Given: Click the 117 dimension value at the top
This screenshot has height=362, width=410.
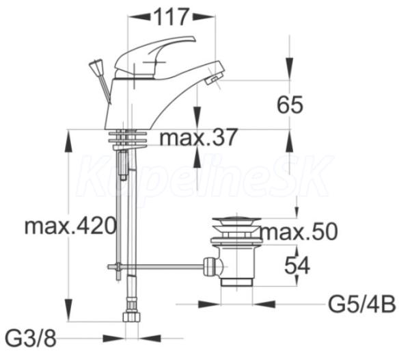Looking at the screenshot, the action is pyautogui.click(x=172, y=16).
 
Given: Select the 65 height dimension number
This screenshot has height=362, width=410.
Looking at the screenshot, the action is pyautogui.click(x=290, y=105).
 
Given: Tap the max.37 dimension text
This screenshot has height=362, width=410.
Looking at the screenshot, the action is pyautogui.click(x=198, y=137).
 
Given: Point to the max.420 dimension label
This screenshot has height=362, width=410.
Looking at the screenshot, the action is pyautogui.click(x=70, y=226).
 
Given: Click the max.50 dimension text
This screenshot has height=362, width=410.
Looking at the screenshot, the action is pyautogui.click(x=299, y=231).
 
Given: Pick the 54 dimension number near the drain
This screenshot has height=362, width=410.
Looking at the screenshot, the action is pyautogui.click(x=297, y=266).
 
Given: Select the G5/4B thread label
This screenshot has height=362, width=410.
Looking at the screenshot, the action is pyautogui.click(x=362, y=305).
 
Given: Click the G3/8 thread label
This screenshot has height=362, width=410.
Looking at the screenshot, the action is pyautogui.click(x=31, y=339).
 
